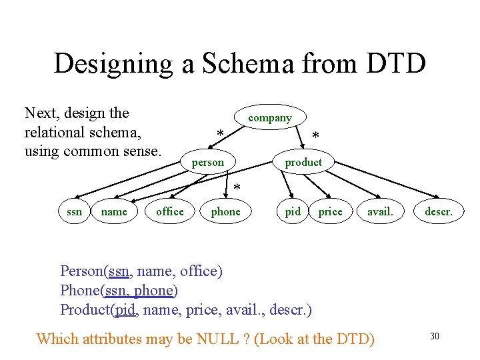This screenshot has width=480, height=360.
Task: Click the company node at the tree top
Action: (x=270, y=117)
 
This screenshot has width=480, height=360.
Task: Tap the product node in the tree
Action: (x=303, y=162)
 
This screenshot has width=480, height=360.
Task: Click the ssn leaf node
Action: (x=75, y=211)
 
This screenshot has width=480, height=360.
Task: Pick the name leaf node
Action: (x=113, y=211)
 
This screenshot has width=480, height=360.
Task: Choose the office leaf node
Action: (x=169, y=211)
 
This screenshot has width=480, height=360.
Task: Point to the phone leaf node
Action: (x=225, y=211)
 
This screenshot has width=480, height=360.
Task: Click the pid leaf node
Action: (x=293, y=211)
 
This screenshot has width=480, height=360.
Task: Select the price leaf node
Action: (x=330, y=211)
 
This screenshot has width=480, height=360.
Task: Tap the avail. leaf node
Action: (x=380, y=211)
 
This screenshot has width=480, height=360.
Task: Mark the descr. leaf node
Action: (x=438, y=211)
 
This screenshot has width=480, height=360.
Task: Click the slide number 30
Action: (x=435, y=336)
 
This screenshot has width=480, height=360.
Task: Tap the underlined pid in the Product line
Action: (x=125, y=310)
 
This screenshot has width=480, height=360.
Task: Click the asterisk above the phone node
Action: (x=237, y=189)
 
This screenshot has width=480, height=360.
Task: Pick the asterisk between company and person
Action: (x=220, y=135)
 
